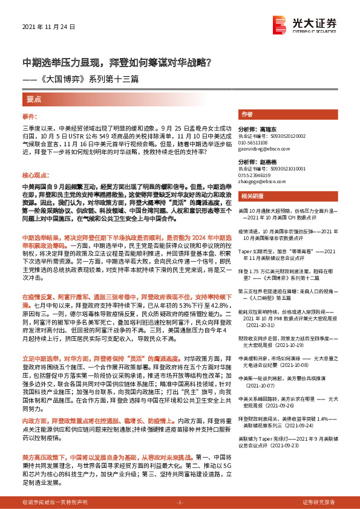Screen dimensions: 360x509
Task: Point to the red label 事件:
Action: (30, 115)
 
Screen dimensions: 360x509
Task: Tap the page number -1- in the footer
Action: (179, 502)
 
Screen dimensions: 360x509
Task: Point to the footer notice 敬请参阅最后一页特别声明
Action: (54, 502)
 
